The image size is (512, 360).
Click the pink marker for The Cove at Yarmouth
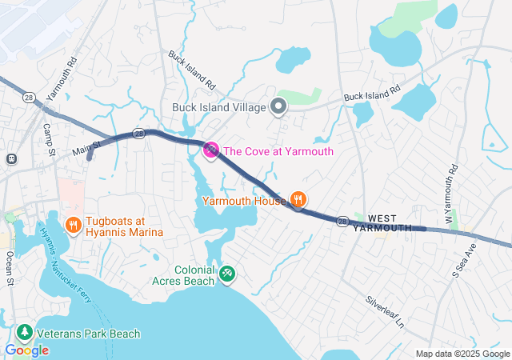click(211, 150)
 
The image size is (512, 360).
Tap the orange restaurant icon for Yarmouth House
click(298, 199)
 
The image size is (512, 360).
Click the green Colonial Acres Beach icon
click(227, 274)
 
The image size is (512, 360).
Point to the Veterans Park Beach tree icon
click(25, 334)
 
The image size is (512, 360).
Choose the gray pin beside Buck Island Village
click(278, 106)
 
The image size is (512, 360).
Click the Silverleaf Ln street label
click(386, 314)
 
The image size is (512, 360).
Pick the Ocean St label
click(10, 269)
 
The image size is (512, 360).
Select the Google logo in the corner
click(26, 350)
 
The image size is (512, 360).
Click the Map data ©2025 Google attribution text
click(462, 354)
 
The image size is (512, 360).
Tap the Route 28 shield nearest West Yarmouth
click(342, 222)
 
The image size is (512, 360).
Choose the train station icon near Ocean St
click(12, 158)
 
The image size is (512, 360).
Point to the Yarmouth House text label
click(244, 200)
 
